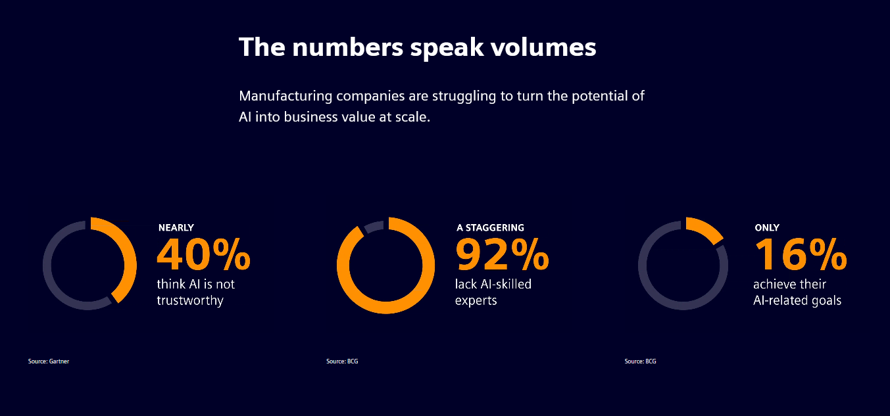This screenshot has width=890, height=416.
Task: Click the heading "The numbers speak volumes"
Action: click(417, 48)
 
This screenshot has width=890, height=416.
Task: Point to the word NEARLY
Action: click(176, 227)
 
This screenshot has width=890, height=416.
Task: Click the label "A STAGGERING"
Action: click(490, 227)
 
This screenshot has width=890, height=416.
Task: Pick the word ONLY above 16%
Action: click(766, 227)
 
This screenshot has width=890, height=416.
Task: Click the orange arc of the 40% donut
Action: click(131, 260)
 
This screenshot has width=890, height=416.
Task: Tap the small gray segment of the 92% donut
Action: click(372, 227)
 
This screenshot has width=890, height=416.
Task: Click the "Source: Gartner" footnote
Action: click(49, 361)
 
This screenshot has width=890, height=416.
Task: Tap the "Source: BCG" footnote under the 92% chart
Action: click(342, 361)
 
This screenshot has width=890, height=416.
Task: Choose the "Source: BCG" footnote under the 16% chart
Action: click(640, 361)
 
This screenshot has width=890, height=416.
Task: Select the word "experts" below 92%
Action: click(476, 301)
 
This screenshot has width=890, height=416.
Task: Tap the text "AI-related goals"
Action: click(797, 301)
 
